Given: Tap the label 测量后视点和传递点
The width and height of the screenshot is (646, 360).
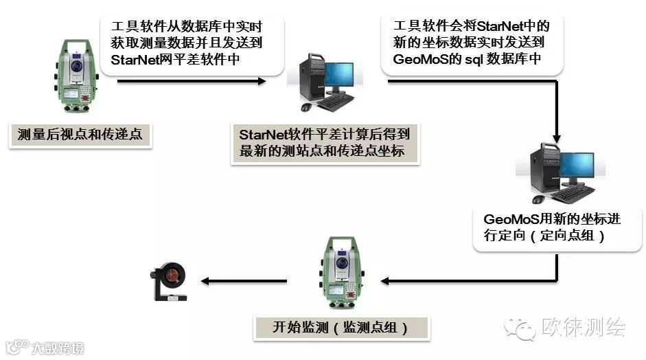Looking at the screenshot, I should tap(80, 135).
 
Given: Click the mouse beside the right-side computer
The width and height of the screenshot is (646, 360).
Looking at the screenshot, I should tap(539, 199).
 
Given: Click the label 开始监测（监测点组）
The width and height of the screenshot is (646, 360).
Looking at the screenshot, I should tap(341, 327).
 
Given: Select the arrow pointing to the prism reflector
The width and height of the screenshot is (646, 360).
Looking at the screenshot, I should tap(243, 280).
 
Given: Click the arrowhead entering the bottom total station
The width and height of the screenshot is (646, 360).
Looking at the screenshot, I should tap(387, 280).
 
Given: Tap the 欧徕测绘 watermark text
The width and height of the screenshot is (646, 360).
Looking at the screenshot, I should tap(584, 328).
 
